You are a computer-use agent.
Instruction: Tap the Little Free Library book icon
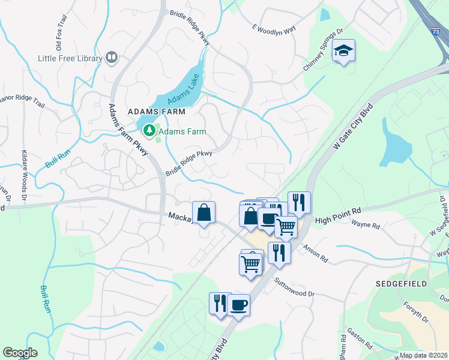[x=111, y=58]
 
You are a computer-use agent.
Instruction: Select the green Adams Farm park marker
[x=148, y=130]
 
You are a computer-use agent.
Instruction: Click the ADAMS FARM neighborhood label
[x=155, y=112]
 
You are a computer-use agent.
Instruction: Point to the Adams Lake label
[x=182, y=94]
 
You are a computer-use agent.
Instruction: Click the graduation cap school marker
[x=344, y=51]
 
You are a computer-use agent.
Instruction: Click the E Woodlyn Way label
[x=274, y=28]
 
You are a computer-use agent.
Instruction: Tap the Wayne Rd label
[x=366, y=226]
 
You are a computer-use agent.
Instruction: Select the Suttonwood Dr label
[x=295, y=287]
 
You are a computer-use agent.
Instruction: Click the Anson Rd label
[x=315, y=254]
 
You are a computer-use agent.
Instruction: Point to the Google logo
[x=20, y=353]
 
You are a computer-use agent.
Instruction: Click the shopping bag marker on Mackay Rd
[x=204, y=212]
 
